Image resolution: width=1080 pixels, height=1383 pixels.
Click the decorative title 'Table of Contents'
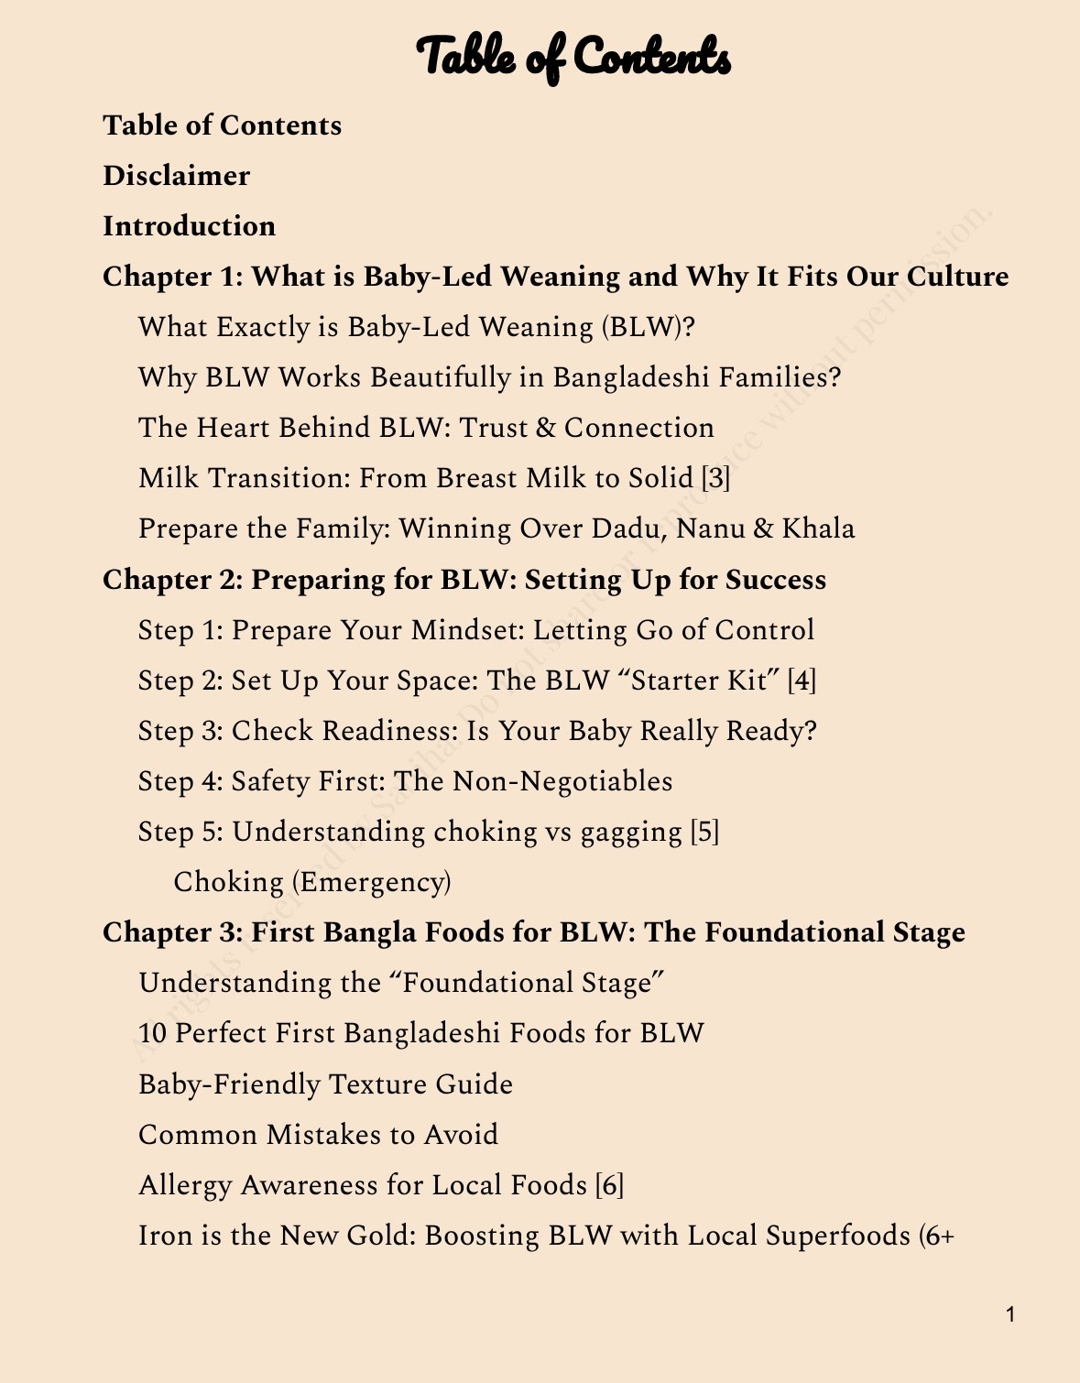click(573, 57)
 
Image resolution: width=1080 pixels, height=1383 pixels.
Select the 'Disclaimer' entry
click(176, 175)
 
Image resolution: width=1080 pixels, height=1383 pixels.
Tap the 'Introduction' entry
click(189, 225)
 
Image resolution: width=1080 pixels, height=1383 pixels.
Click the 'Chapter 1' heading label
click(171, 276)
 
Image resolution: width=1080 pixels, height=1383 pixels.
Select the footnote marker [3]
click(715, 478)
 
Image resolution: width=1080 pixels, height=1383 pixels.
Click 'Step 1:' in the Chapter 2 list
click(180, 630)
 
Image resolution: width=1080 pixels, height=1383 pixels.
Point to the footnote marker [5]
click(704, 832)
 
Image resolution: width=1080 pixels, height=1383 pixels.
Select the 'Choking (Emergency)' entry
click(312, 882)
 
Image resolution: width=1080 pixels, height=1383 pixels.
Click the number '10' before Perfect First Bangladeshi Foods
click(153, 1033)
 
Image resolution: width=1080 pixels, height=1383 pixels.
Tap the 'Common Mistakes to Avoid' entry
click(319, 1135)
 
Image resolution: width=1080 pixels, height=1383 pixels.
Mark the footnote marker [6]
click(609, 1185)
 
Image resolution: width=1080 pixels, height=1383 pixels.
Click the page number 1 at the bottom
click(1010, 1315)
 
